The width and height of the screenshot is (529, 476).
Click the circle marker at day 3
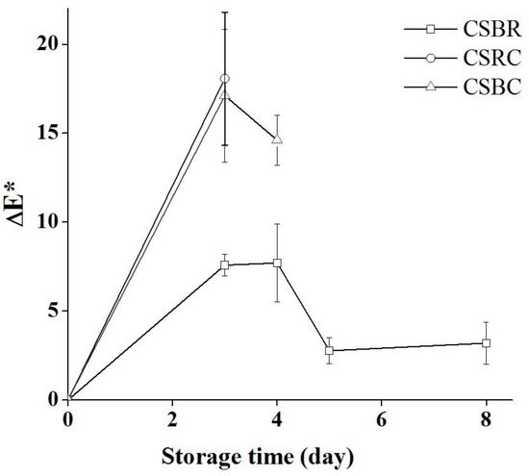pyautogui.click(x=225, y=78)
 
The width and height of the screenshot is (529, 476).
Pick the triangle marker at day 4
pyautogui.click(x=277, y=139)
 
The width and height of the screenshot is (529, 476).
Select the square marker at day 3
pyautogui.click(x=225, y=264)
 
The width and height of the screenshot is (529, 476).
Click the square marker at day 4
pyautogui.click(x=277, y=263)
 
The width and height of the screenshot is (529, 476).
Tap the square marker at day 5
pyautogui.click(x=330, y=350)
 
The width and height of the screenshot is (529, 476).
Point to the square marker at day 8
pyautogui.click(x=487, y=342)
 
